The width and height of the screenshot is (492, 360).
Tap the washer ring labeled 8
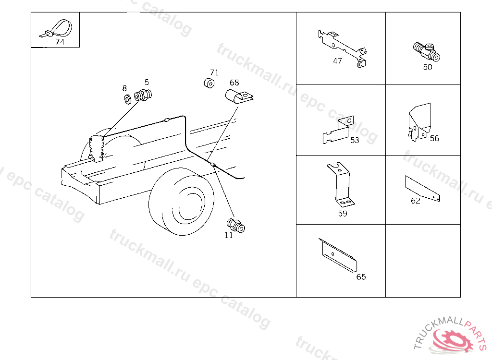(x=128, y=99)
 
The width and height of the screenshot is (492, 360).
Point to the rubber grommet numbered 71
(x=209, y=83)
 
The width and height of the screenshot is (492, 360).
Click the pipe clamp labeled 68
(x=238, y=96)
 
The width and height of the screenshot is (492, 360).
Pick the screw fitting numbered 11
(x=235, y=226)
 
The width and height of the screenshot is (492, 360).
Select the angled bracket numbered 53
(x=338, y=130)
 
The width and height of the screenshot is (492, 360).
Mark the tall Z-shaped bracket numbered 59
(x=341, y=185)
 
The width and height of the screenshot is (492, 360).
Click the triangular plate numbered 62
(x=422, y=188)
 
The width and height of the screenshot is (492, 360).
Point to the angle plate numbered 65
(x=338, y=254)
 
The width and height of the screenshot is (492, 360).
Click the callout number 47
(x=337, y=61)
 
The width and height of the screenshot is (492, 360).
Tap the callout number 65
(x=361, y=277)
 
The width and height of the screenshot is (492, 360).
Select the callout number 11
(x=229, y=235)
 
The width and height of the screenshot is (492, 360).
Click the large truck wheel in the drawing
(x=181, y=201)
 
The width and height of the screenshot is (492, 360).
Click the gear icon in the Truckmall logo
(x=451, y=340)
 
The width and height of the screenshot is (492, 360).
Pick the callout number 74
(x=60, y=42)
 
